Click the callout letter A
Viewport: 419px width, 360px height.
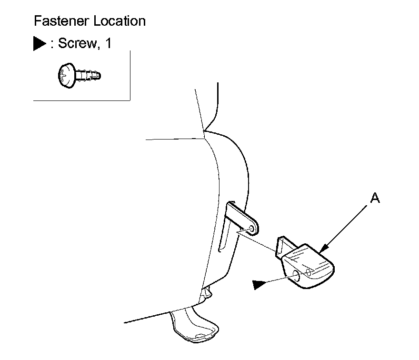pos(375,199)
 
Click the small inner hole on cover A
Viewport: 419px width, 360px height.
pos(309,272)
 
